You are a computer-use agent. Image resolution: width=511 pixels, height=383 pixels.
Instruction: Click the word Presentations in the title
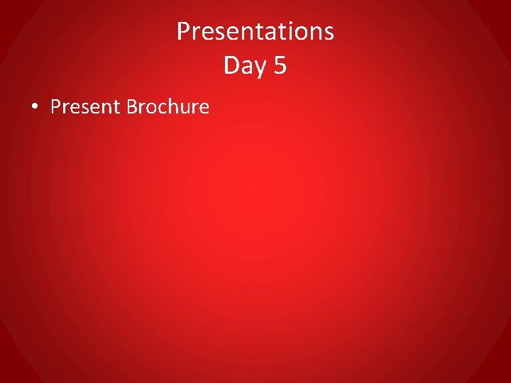click(x=255, y=31)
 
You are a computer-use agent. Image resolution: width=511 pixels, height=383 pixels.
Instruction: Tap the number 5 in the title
click(x=279, y=65)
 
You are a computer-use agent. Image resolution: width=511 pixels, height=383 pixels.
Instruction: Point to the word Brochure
click(x=167, y=107)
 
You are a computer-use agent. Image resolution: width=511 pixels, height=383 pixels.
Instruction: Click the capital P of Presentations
click(x=183, y=31)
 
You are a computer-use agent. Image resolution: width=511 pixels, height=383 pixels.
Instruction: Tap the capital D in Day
click(x=231, y=65)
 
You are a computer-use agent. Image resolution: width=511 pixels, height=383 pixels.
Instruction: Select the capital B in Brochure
click(x=131, y=107)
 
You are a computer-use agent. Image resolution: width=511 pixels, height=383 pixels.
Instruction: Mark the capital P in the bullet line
click(x=56, y=107)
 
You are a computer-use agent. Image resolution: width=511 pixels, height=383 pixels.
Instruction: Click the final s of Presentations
click(x=329, y=33)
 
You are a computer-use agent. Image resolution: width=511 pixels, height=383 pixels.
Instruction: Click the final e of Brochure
click(x=204, y=109)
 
